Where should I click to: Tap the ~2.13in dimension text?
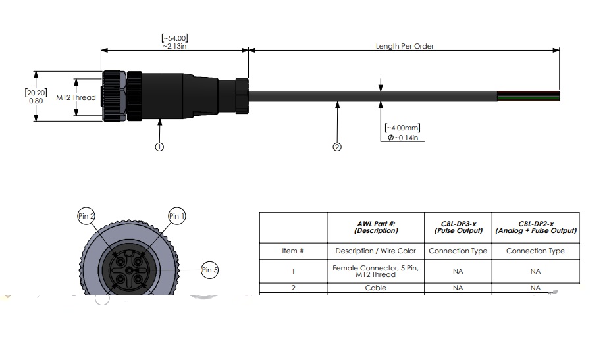click(x=174, y=47)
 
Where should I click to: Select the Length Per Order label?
click(x=404, y=47)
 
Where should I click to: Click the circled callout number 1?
click(x=159, y=147)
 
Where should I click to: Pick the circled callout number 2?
click(x=337, y=147)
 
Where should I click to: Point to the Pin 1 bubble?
click(x=176, y=216)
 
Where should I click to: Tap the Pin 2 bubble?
click(x=87, y=216)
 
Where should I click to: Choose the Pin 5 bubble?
click(x=210, y=270)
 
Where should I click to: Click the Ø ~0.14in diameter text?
click(x=403, y=138)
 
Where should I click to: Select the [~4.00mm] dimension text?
click(x=402, y=128)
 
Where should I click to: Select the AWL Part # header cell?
click(x=376, y=227)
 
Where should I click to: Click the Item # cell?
click(x=293, y=251)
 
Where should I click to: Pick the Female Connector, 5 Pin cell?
click(x=376, y=270)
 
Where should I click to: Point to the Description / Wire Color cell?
click(x=376, y=251)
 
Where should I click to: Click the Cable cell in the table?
click(x=376, y=288)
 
